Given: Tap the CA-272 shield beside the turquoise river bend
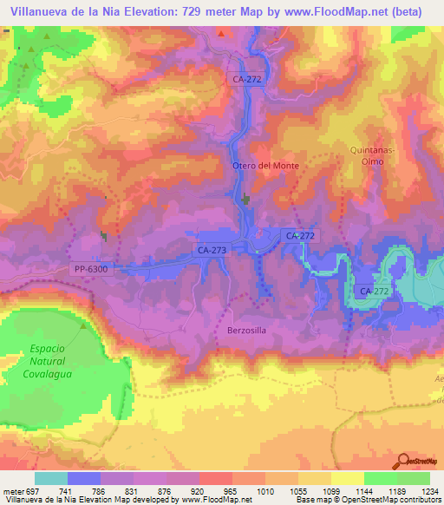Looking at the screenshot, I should pos(375,292).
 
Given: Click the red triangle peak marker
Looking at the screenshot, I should pos(221,34).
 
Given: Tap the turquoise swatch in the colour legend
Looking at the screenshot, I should pos(51,478).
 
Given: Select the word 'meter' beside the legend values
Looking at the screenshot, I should pos(10,490).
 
